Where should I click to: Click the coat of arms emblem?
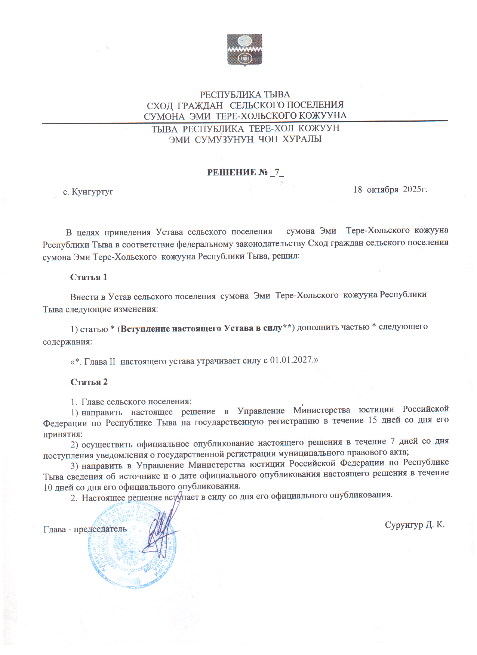(x=245, y=50)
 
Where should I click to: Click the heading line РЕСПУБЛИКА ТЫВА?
(x=245, y=95)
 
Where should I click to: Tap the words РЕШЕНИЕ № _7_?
(x=246, y=172)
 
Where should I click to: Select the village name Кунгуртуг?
(x=92, y=192)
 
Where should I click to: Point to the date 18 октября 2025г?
(x=390, y=190)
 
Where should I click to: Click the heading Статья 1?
(x=89, y=277)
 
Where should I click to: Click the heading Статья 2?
(x=89, y=382)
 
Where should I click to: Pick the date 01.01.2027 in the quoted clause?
(x=291, y=360)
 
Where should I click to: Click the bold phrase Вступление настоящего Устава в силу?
(x=201, y=328)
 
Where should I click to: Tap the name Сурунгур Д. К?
(x=415, y=525)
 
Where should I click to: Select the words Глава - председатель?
(x=85, y=529)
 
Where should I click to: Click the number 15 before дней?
(x=372, y=420)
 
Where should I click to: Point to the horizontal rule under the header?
(x=245, y=122)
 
